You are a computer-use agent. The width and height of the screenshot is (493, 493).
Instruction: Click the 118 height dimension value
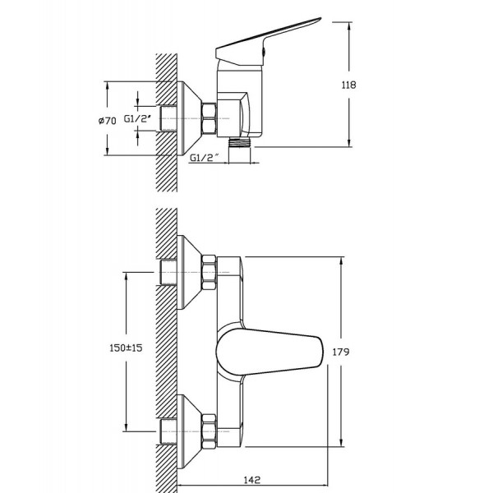coord(348,85)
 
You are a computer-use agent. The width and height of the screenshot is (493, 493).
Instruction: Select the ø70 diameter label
coord(107,121)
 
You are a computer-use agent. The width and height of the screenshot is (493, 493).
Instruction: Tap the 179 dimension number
coord(341,352)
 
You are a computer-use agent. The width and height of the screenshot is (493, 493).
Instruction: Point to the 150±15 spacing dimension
coord(126,348)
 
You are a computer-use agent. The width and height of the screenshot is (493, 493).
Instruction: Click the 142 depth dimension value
coord(252,480)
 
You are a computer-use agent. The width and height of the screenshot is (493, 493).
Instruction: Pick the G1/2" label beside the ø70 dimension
coord(137,119)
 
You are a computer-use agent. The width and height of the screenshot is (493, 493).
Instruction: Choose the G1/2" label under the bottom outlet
coord(204,158)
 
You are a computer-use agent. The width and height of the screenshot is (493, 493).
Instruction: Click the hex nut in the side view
coord(209,118)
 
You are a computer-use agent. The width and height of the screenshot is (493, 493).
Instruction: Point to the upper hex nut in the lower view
coord(209,273)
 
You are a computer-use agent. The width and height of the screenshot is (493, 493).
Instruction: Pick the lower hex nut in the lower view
coord(209,431)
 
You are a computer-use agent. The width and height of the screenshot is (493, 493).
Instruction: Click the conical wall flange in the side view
coord(189,118)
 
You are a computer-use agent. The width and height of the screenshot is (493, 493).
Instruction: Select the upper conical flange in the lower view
coord(189,272)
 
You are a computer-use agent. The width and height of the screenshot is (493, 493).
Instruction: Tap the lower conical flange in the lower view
coord(189,431)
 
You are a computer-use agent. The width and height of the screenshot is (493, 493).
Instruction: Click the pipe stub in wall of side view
coord(168,118)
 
